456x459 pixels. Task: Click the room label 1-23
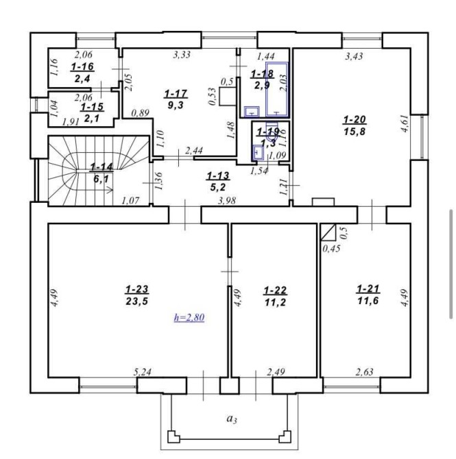137,290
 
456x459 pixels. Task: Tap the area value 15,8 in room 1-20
355,132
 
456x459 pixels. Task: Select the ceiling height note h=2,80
189,317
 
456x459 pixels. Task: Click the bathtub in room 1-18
277,89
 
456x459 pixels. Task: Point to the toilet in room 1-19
273,133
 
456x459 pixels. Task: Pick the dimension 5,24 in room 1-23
143,372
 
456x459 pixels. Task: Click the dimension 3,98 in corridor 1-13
227,201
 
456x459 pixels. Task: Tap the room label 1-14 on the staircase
101,167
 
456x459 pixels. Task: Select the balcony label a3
232,419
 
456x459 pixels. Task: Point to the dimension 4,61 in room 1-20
405,123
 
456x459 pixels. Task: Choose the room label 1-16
82,66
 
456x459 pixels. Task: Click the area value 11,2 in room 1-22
275,302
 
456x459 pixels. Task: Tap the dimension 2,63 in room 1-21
365,372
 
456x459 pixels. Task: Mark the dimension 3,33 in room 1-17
182,54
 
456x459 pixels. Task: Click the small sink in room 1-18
252,112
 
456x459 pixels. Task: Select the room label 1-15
93,107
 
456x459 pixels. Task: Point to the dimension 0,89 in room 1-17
141,113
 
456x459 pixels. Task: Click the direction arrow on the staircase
95,190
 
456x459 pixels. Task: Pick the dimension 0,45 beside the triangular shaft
331,249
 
